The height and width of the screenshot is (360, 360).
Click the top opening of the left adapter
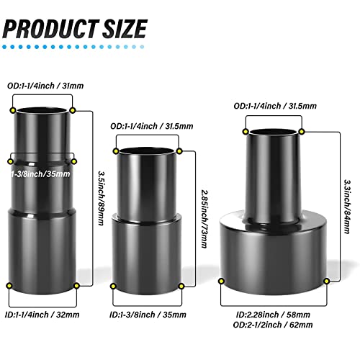coord(43,112)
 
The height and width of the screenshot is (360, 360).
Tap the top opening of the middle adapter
coord(147,150)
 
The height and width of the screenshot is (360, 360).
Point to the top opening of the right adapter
coord(274,132)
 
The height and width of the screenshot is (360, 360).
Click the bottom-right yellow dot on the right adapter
coord(327,279)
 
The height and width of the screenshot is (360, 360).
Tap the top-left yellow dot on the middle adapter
coord(116,150)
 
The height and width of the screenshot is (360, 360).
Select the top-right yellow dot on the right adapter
coord(301,130)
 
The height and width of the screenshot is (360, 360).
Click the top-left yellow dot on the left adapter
coord(14,110)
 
